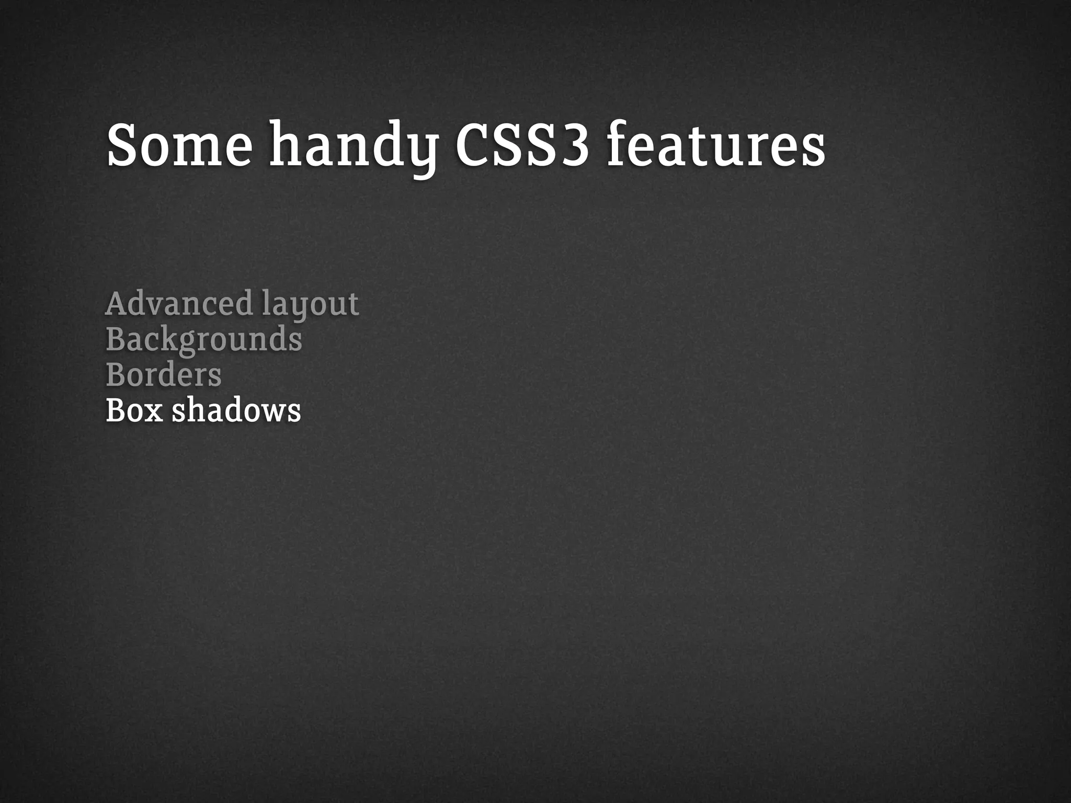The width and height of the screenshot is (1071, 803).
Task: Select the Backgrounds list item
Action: coord(204,340)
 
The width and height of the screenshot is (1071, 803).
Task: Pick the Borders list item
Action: coord(164,375)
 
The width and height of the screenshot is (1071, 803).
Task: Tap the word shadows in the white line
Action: coord(236,410)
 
